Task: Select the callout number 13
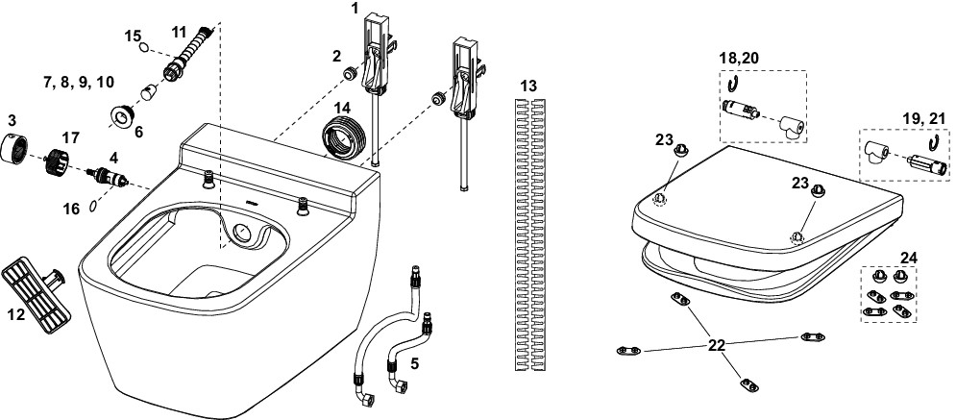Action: click(x=527, y=86)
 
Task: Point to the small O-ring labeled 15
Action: click(x=142, y=47)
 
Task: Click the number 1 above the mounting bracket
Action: click(x=355, y=8)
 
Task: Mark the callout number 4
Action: click(x=112, y=156)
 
